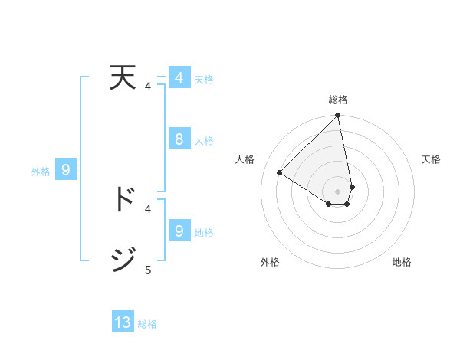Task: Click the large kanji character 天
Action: pyautogui.click(x=124, y=80)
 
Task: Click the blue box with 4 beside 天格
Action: pyautogui.click(x=179, y=78)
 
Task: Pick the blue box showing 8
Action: pyautogui.click(x=179, y=139)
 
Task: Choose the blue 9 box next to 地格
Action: pyautogui.click(x=179, y=231)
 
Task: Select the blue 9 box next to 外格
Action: pyautogui.click(x=66, y=170)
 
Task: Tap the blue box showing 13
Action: pyautogui.click(x=123, y=322)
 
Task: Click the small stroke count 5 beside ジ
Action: pyautogui.click(x=148, y=270)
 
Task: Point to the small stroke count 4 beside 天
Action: pyautogui.click(x=148, y=87)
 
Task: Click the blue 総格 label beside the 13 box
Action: pyautogui.click(x=147, y=324)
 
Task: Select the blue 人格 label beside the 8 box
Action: pyautogui.click(x=204, y=141)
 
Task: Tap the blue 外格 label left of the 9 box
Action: pyautogui.click(x=41, y=172)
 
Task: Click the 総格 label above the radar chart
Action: pyautogui.click(x=338, y=100)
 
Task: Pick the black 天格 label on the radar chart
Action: pyautogui.click(x=432, y=159)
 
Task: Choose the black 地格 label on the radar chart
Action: pyautogui.click(x=402, y=262)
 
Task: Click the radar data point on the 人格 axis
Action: pyautogui.click(x=280, y=172)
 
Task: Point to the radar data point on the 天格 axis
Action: pyautogui.click(x=352, y=187)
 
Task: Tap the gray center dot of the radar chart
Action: pyautogui.click(x=338, y=191)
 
